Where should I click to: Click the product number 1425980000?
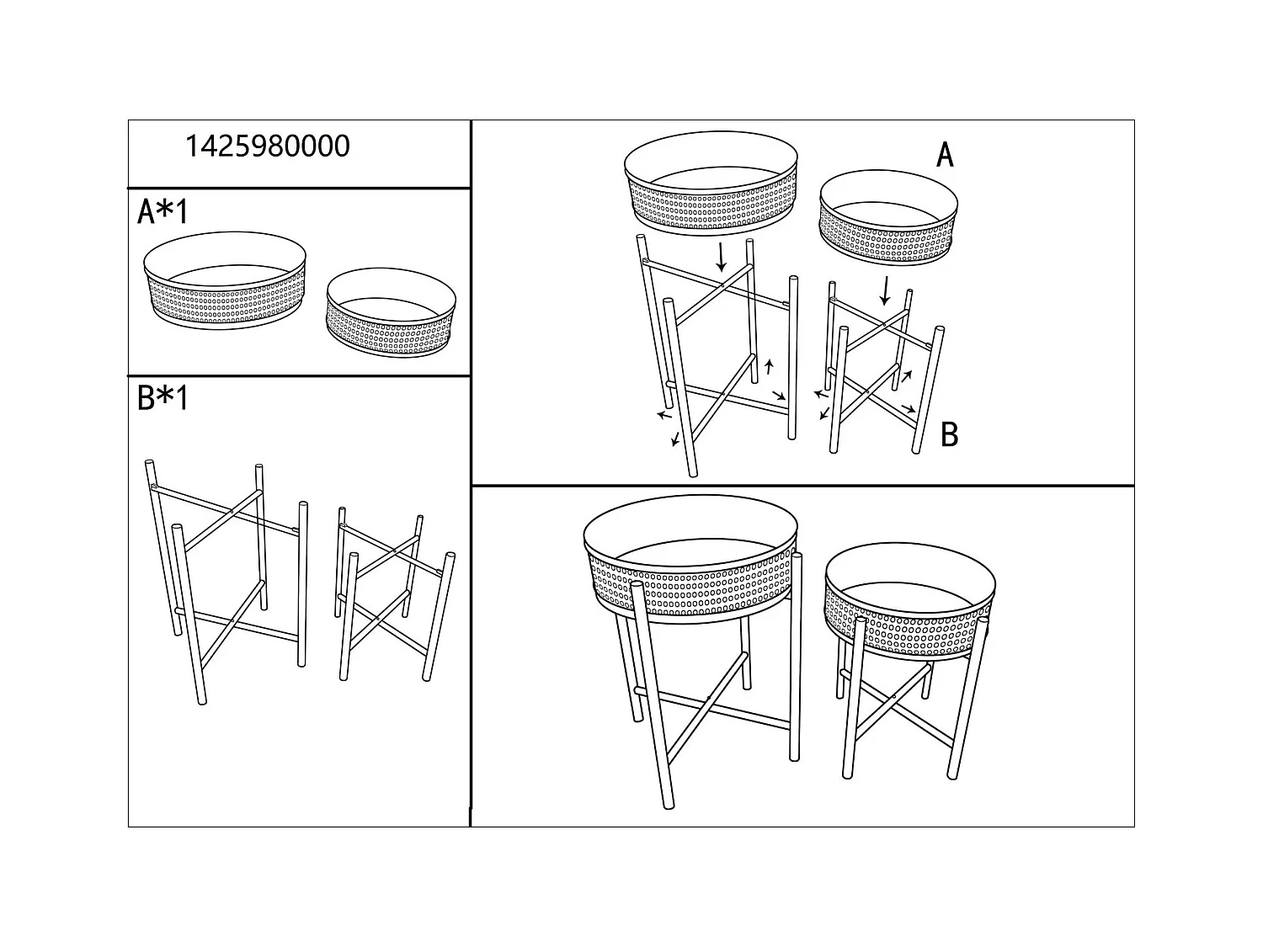pos(267,146)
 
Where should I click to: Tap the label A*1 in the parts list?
pos(163,212)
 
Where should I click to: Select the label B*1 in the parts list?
pos(163,398)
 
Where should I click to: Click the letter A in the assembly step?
pos(945,155)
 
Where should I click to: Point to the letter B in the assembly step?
pos(949,434)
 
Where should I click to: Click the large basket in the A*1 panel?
pos(225,282)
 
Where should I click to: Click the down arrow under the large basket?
pos(721,256)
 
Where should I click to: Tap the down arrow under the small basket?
pos(884,290)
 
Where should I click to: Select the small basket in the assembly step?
pos(888,221)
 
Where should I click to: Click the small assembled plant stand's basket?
pos(910,602)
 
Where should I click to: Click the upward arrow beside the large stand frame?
pos(768,367)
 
